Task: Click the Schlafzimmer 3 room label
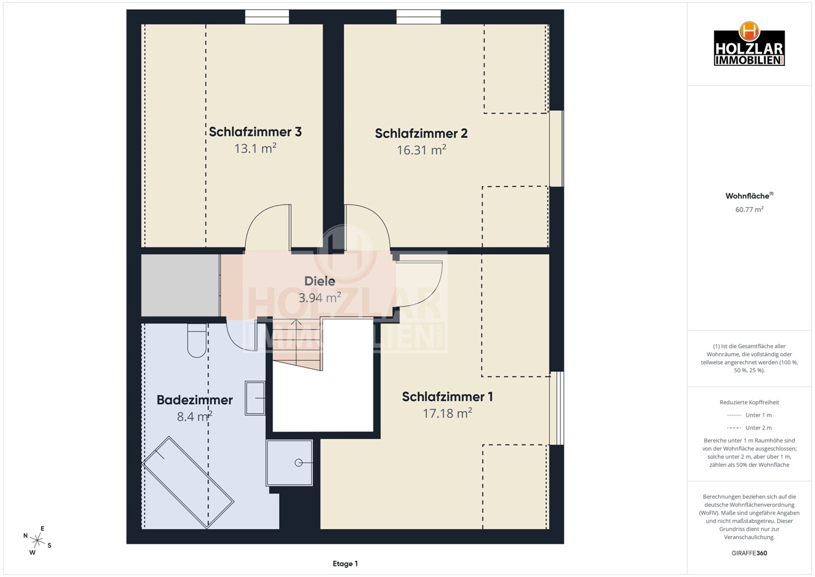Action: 255,131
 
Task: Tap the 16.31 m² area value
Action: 421,150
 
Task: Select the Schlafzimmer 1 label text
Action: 447,396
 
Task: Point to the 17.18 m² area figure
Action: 447,413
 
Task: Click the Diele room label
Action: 319,281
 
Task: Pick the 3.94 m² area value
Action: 319,297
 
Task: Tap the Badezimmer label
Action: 195,400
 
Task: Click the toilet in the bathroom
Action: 197,340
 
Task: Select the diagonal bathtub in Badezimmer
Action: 188,483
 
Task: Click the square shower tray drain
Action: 299,463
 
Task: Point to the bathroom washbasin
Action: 255,398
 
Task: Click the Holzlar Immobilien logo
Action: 749,44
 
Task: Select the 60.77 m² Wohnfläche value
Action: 749,209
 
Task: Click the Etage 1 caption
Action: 345,564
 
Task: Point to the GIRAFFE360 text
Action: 749,553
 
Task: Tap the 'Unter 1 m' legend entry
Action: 749,415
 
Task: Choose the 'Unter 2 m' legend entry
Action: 749,428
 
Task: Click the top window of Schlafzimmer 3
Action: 267,17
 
